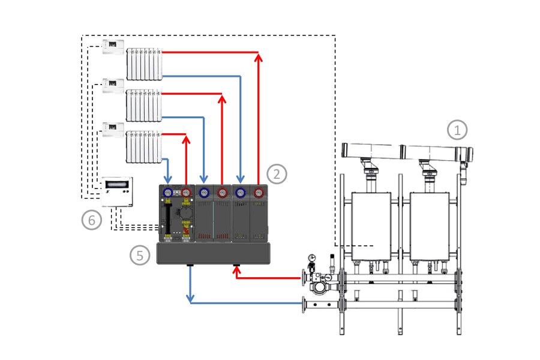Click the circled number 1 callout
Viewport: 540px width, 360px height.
(457, 130)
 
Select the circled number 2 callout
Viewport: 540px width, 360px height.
(277, 174)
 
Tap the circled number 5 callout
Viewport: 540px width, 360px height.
(139, 255)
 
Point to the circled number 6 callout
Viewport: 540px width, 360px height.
(92, 220)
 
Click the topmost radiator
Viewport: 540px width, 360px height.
(144, 64)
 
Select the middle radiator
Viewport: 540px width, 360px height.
(144, 106)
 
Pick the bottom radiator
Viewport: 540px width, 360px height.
(144, 147)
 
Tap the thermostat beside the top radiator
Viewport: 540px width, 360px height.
(113, 47)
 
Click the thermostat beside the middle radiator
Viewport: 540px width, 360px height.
(113, 86)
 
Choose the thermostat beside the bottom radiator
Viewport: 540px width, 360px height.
(113, 130)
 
